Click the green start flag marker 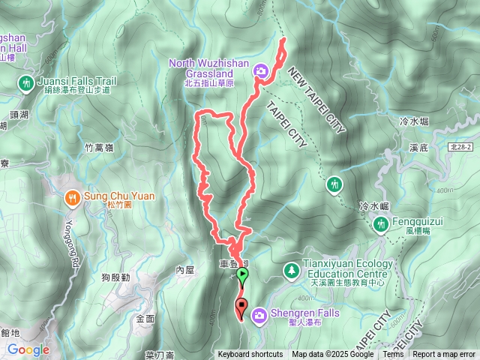pos(242,275)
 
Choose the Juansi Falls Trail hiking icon pos(27,82)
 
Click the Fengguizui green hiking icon pos(381,223)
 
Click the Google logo pos(28,349)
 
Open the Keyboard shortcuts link pos(250,355)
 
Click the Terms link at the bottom pos(392,355)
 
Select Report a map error pos(444,355)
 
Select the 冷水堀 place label pos(414,120)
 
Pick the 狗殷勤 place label pos(115,277)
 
